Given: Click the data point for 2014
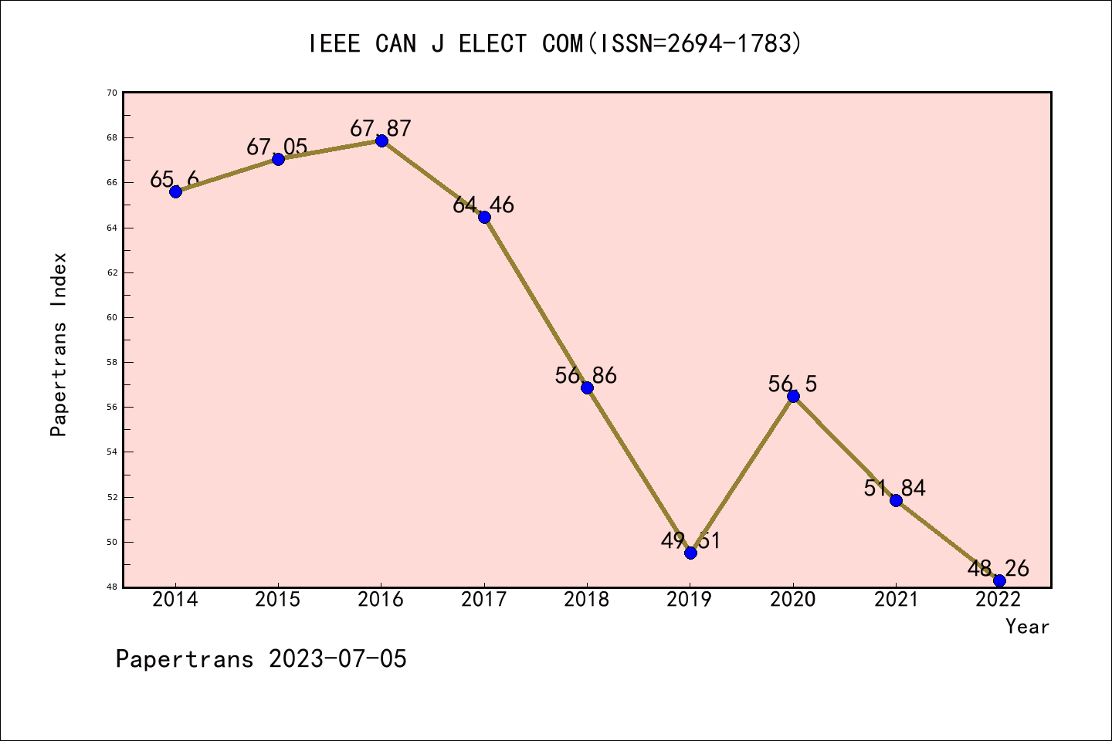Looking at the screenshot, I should [175, 191].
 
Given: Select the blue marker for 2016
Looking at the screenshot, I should [381, 140].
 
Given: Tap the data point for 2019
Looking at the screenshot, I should [690, 553].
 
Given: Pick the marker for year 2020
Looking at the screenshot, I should [793, 396].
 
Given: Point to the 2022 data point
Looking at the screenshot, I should [999, 580].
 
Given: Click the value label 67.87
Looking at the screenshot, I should [381, 128].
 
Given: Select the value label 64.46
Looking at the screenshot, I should [483, 205].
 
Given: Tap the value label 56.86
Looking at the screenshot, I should [586, 376].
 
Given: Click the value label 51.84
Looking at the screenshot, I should [895, 488].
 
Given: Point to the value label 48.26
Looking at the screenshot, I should [998, 569].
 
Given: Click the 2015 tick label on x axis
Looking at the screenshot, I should [278, 600].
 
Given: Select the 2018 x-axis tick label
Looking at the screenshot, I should [587, 600].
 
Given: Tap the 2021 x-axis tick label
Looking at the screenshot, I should [896, 600].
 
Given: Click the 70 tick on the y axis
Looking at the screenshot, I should [112, 93].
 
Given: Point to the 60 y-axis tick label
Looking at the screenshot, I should [112, 317].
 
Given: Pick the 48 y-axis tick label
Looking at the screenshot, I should [112, 587].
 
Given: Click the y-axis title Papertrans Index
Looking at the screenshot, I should [59, 344].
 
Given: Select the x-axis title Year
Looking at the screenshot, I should [1027, 627].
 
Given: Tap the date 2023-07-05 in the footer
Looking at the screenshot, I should [337, 659].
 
